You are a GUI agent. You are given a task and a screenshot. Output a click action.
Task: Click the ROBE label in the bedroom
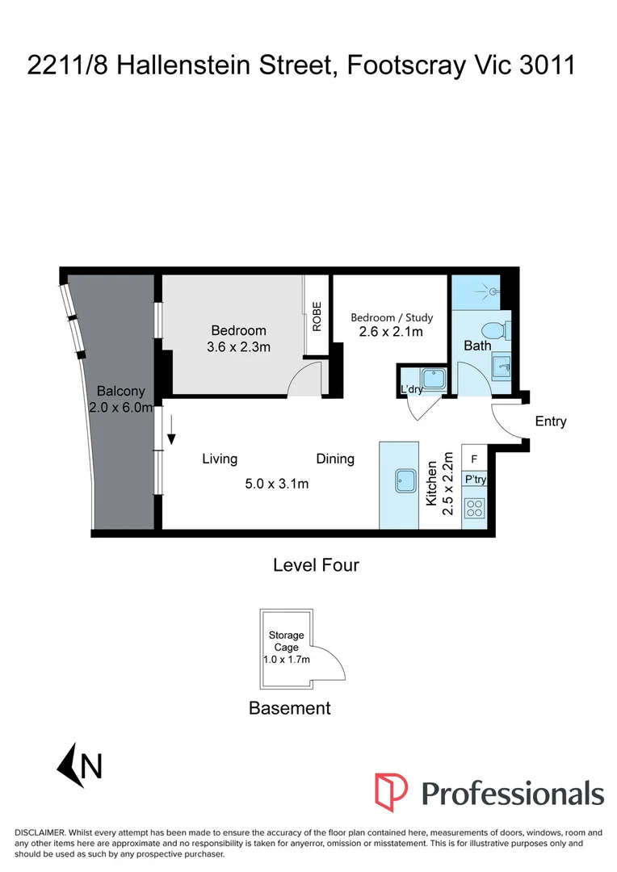pyautogui.click(x=317, y=316)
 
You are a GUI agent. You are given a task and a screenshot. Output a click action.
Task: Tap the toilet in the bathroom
pyautogui.click(x=489, y=330)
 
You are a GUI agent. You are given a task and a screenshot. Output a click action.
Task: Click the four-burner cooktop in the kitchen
pyautogui.click(x=473, y=509)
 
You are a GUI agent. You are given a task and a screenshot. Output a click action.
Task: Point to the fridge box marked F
pyautogui.click(x=473, y=458)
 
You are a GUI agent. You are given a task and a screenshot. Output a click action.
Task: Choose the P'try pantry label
pyautogui.click(x=473, y=480)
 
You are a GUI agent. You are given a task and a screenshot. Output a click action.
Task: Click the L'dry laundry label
pyautogui.click(x=412, y=391)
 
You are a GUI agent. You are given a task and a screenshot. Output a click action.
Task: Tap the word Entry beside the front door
pyautogui.click(x=551, y=421)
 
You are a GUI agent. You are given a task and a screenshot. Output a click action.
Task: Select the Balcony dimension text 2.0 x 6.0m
pyautogui.click(x=121, y=408)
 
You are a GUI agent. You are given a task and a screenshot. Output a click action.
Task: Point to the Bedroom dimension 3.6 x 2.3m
pyautogui.click(x=238, y=347)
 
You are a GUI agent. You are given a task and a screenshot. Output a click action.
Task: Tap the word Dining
pyautogui.click(x=335, y=459)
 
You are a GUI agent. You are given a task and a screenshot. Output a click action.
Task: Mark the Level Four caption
pyautogui.click(x=316, y=565)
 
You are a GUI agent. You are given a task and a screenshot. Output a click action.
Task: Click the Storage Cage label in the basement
pyautogui.click(x=286, y=640)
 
